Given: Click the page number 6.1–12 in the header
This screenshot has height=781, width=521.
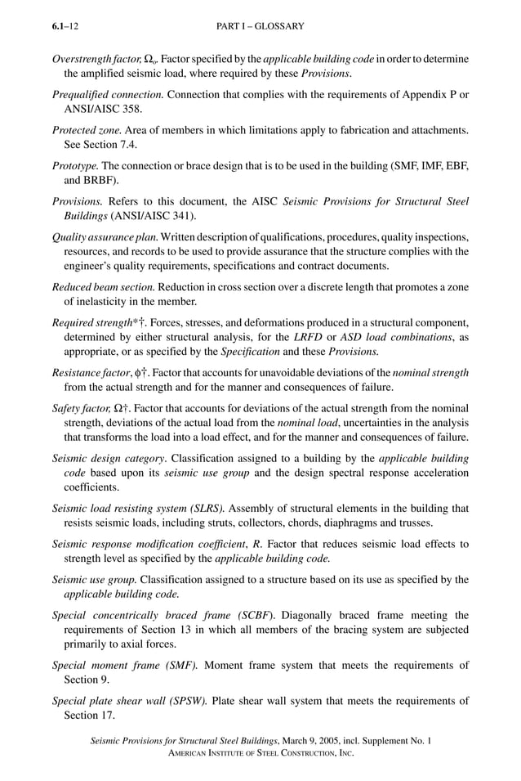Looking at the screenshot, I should coord(65,26).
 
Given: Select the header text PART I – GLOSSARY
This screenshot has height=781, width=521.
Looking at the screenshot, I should coord(260,26).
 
